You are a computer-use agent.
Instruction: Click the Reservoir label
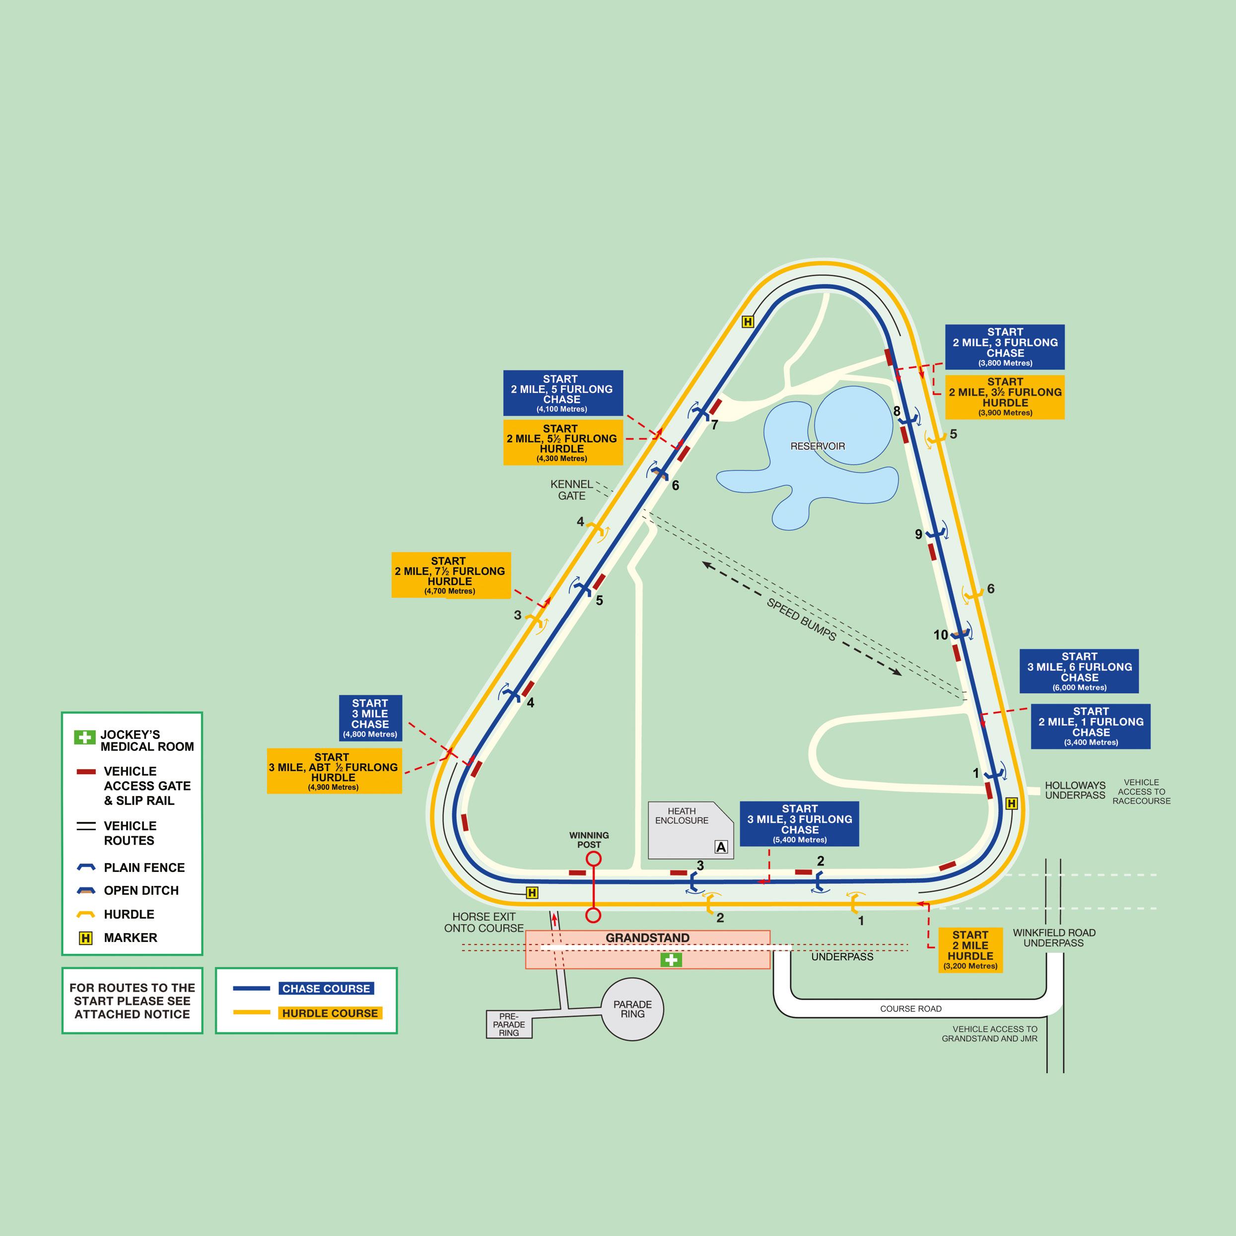(x=817, y=446)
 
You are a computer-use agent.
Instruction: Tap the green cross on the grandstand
(x=671, y=959)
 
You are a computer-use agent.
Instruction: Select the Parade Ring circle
(x=632, y=1010)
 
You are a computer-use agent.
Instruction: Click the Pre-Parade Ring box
(x=509, y=1024)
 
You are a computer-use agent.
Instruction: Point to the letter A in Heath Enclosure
(x=721, y=847)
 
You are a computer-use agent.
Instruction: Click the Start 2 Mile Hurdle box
(x=970, y=950)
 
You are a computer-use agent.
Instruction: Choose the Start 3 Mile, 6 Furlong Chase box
(x=1079, y=671)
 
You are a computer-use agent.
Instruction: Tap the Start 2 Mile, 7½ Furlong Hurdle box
(x=450, y=575)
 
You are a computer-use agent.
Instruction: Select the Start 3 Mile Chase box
(x=370, y=718)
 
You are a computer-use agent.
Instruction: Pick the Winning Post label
(x=589, y=840)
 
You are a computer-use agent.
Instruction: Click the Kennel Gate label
(x=571, y=490)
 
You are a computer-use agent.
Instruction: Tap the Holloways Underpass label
(x=1075, y=790)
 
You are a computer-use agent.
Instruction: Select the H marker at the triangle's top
(x=747, y=322)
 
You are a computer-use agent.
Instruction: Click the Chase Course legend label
(x=326, y=988)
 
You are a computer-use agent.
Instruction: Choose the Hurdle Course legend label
(x=330, y=1013)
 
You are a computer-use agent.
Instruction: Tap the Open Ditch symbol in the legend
(x=86, y=890)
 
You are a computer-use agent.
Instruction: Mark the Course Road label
(x=910, y=1009)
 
